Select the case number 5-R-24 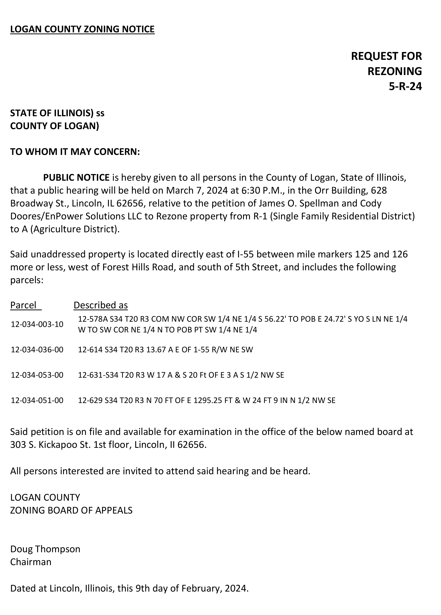(405, 86)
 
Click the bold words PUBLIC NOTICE (76, 178)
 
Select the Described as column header (101, 305)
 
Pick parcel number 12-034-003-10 (37, 324)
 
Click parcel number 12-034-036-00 (37, 350)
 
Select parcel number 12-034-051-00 (37, 400)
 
